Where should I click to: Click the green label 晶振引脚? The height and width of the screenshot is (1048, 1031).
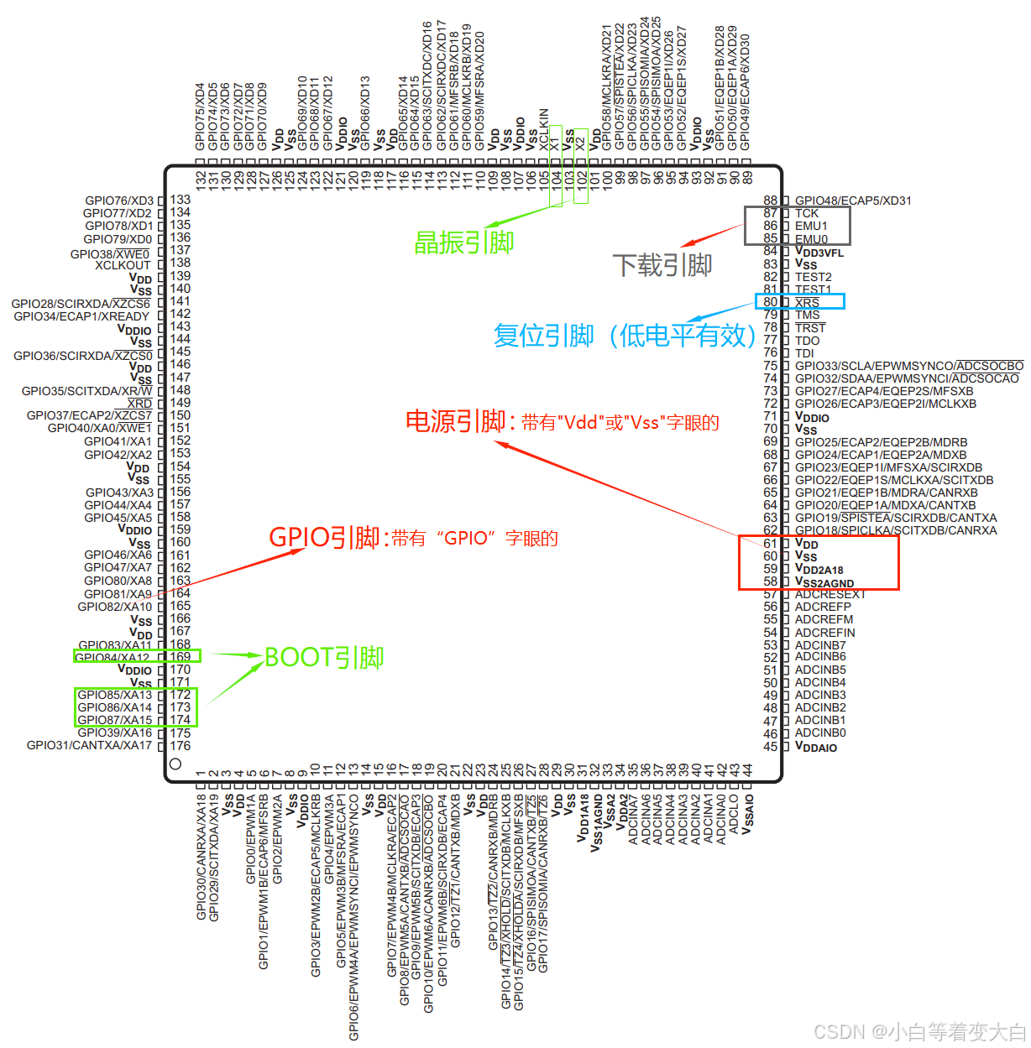[x=463, y=242]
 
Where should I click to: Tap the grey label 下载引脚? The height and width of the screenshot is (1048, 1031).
[x=662, y=265]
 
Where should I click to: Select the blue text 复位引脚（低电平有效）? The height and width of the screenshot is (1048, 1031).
[x=625, y=336]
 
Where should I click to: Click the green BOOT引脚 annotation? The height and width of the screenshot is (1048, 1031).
[x=324, y=657]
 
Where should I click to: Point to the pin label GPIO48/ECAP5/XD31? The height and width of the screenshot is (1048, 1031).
[x=853, y=201]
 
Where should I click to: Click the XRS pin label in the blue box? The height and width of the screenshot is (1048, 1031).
[x=807, y=302]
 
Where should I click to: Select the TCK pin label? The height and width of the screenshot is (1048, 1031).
[x=807, y=213]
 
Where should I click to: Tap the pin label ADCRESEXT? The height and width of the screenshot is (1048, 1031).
[x=830, y=594]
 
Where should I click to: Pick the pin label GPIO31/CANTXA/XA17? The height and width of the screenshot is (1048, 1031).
[x=89, y=745]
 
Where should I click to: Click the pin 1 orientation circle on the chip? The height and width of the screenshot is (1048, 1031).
[x=175, y=764]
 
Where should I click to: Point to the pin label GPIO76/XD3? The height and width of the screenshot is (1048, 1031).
[x=119, y=201]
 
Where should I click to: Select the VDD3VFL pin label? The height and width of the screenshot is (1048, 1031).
[x=819, y=252]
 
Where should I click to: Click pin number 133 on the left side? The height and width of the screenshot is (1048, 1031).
[x=181, y=200]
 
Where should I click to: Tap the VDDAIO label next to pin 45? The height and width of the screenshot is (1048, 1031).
[x=816, y=747]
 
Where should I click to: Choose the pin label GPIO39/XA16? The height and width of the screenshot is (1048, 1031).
[x=114, y=733]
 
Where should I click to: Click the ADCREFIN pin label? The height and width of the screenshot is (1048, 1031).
[x=825, y=633]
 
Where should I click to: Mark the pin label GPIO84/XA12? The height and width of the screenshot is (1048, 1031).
[x=113, y=657]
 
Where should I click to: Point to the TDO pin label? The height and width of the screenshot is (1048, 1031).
[x=808, y=341]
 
